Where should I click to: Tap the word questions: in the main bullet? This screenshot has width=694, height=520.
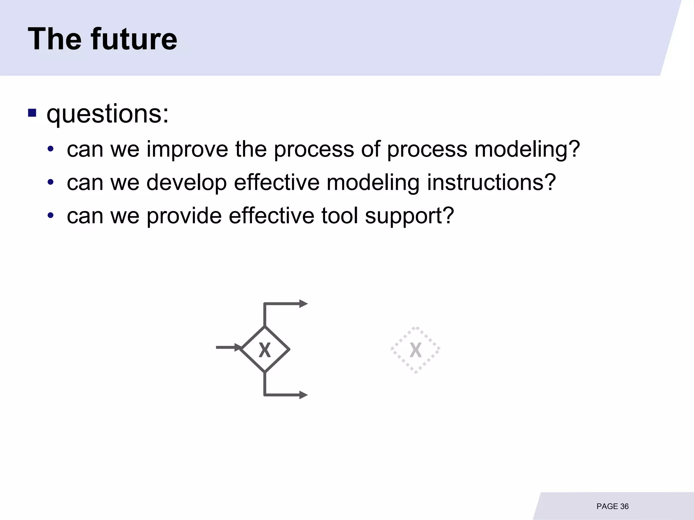pos(107,114)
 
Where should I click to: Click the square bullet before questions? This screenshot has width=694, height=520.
pos(32,113)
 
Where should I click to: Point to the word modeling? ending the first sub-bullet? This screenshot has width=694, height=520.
pos(527,150)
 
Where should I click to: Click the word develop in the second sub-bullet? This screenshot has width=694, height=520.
pos(186,183)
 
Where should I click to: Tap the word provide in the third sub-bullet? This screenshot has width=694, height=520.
pos(184,216)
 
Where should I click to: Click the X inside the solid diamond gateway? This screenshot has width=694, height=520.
pos(265,350)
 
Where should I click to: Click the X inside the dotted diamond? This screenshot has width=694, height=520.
pos(415,350)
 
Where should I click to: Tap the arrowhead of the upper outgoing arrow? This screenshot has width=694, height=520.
pos(303,304)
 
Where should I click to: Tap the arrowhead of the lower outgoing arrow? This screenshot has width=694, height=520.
pos(303,395)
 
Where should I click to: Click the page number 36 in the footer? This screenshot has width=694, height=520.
pos(624,506)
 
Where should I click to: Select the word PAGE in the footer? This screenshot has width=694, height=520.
pos(607,506)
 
